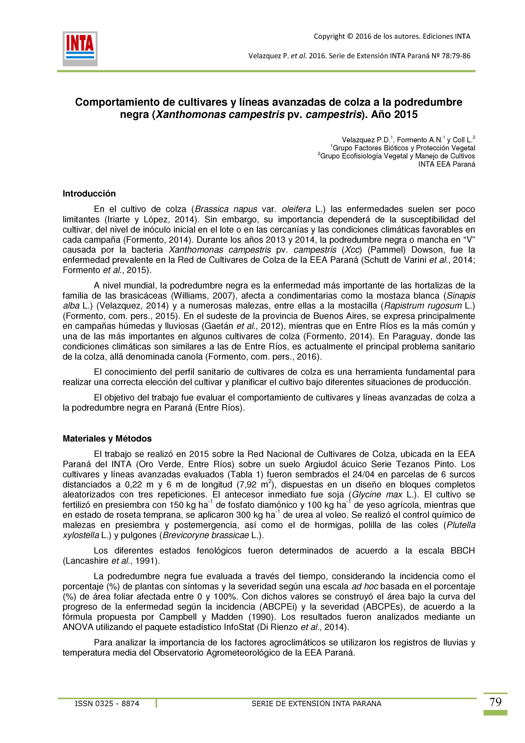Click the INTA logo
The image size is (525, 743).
point(80,48)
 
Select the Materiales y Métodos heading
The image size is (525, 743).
point(107,439)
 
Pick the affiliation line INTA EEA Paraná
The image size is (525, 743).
point(446,164)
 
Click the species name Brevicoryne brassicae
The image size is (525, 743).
point(206,535)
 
